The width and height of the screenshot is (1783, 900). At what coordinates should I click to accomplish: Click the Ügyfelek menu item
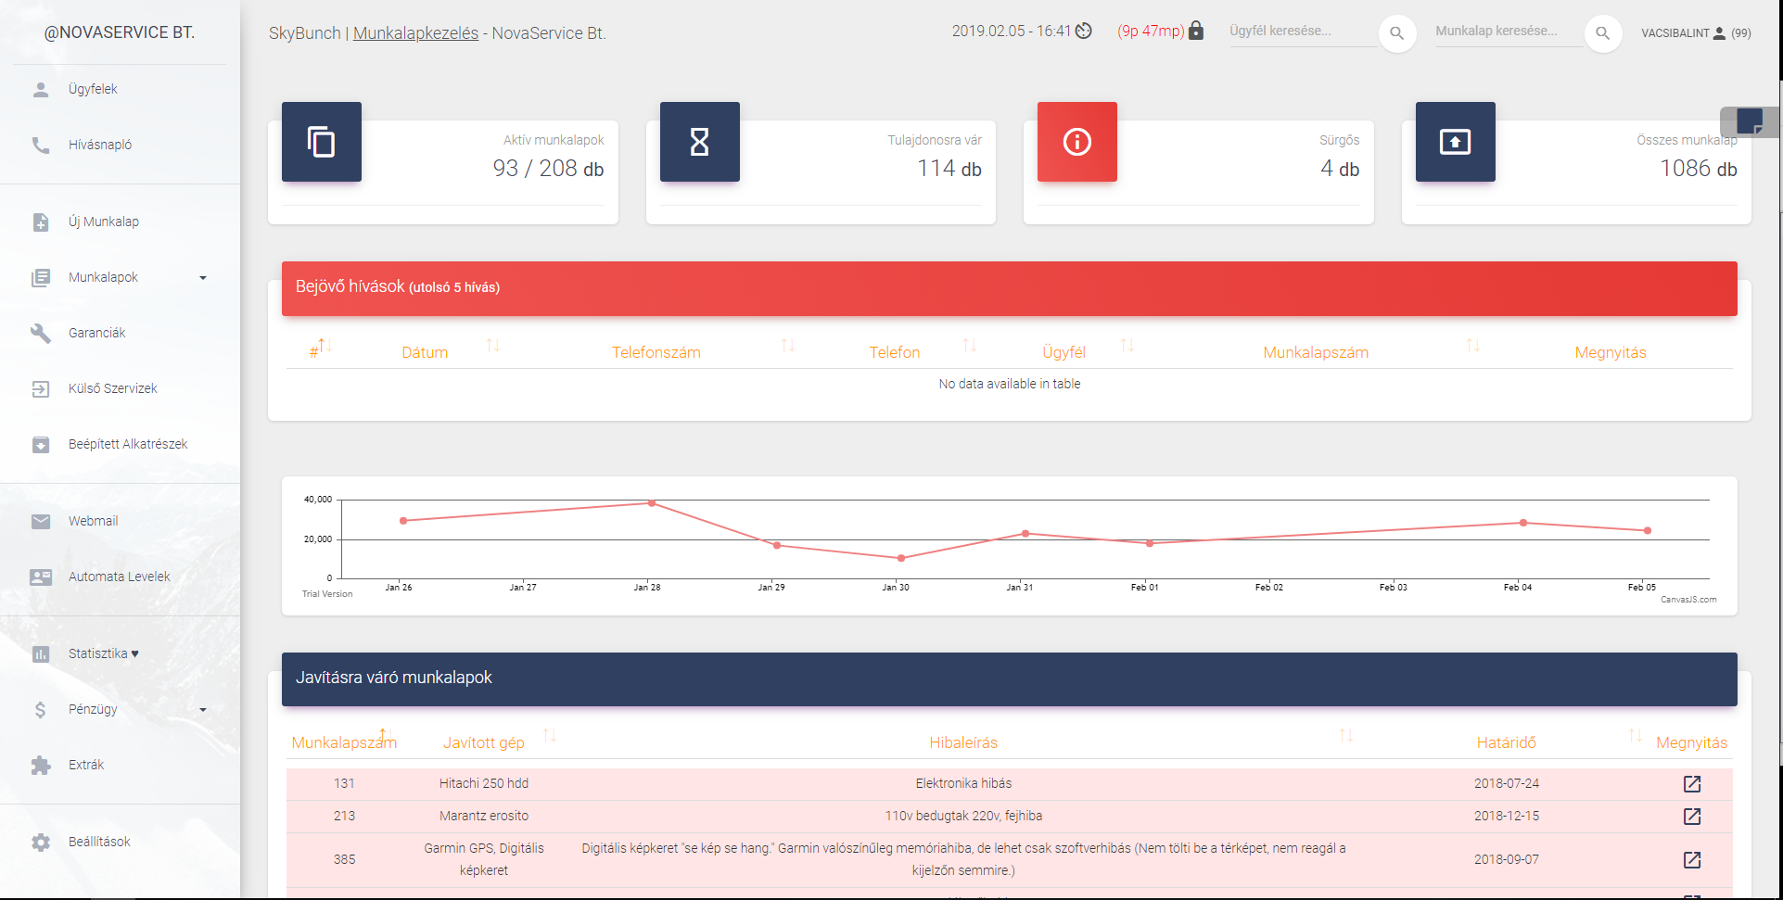coord(93,89)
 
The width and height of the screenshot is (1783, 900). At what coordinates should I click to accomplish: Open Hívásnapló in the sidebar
coord(99,145)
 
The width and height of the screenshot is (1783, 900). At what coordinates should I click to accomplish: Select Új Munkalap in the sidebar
coord(103,222)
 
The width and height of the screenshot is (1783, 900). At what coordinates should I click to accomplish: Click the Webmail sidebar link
coord(93,521)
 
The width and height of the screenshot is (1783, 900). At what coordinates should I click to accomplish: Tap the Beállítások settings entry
coord(98,842)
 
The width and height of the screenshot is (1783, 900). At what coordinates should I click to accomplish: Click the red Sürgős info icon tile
coord(1076,142)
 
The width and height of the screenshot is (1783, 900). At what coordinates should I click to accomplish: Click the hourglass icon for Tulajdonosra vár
coord(699,142)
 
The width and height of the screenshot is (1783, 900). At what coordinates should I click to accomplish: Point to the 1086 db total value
coord(1698,169)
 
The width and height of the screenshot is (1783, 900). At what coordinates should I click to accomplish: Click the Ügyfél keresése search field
coord(1302,32)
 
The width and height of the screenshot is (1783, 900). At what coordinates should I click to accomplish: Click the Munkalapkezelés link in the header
coord(415,33)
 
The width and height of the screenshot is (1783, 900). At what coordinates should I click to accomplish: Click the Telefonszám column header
coord(656,352)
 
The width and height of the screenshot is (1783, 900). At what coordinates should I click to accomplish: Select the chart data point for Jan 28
coord(652,503)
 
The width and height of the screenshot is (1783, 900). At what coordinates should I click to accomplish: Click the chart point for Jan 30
coord(901,558)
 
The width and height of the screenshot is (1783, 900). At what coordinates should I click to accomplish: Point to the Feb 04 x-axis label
coord(1517,588)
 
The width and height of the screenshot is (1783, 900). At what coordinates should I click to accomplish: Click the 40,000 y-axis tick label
coord(317,500)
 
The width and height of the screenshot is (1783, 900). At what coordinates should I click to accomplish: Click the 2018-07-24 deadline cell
coord(1506,783)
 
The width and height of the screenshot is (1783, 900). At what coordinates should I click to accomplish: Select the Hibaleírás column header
coord(963,742)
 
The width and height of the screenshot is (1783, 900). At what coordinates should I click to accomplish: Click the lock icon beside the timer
coord(1196,31)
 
